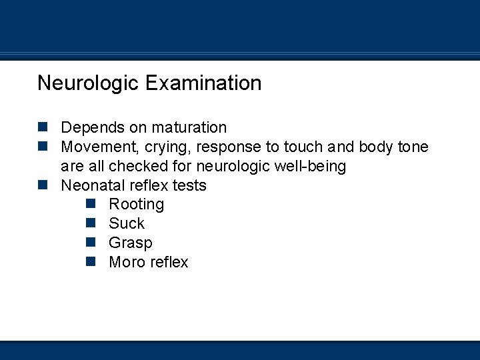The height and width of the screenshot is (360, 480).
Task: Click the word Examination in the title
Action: tap(203, 83)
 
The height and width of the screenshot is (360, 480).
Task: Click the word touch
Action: tap(303, 147)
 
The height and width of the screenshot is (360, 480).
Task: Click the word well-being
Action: tap(312, 166)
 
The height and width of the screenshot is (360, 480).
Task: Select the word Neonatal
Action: tap(90, 185)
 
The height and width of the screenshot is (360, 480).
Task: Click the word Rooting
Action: tap(136, 204)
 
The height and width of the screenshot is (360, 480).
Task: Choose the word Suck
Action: tap(127, 223)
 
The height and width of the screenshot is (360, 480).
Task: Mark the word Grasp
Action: tap(131, 243)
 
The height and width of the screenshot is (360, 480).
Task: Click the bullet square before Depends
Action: tap(43, 127)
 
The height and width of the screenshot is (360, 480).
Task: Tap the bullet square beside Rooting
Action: tap(91, 204)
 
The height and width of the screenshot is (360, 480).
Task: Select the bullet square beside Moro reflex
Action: tap(91, 262)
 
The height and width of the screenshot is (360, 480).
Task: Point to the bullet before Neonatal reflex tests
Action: tap(43, 185)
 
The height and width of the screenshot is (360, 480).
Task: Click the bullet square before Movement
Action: tap(43, 146)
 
